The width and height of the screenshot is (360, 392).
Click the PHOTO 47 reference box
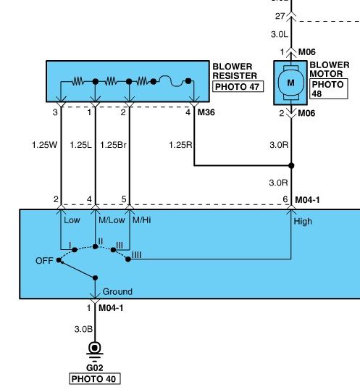pos(238,86)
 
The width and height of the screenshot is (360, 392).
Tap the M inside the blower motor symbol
pos(290,83)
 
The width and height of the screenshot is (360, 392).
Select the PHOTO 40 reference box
pos(95,378)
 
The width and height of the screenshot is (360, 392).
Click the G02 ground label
pos(95,367)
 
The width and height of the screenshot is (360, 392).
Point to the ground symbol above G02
pos(95,351)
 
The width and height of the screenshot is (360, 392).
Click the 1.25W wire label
pos(44,145)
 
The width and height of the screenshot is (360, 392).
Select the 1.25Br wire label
pos(113,145)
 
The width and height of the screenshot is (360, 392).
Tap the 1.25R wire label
pos(180,145)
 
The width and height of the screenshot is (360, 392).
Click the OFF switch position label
pos(44,261)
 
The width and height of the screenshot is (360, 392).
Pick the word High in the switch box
pos(303,222)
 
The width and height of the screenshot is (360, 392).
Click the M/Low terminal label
pos(112,220)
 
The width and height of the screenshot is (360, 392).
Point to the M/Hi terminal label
pos(142,220)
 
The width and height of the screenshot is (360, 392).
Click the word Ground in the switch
pos(117,291)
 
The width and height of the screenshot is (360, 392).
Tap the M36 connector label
pos(206,112)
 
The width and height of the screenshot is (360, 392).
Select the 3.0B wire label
pos(83,329)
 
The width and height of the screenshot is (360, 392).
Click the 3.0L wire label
pos(280,34)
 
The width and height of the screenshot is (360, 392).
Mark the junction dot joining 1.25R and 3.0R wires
pos(291,165)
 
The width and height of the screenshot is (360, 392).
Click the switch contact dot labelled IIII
pos(128,259)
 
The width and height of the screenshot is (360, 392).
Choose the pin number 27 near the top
pos(280,16)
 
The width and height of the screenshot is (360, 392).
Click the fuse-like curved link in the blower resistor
pos(172,81)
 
